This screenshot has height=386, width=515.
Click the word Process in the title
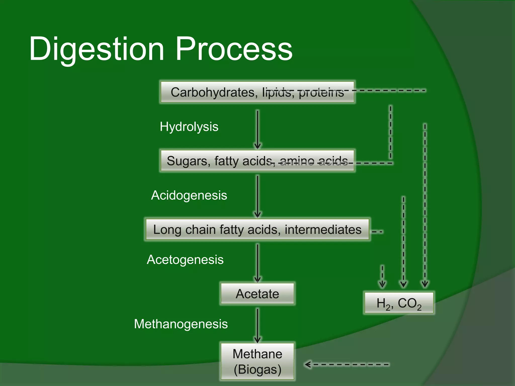coord(234,49)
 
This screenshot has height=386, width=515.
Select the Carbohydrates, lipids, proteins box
coord(257,92)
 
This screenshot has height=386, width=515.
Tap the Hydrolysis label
coord(189,127)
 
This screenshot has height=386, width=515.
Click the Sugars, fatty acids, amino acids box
coord(257,161)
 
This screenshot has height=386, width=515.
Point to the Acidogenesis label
coord(189,195)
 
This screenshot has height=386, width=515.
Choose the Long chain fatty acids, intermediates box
coord(257,229)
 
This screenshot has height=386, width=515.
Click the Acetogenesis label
coord(185,260)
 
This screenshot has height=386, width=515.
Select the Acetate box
coord(257,294)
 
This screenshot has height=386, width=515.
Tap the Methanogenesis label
coord(181,324)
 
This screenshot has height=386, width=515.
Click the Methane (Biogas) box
coord(257,361)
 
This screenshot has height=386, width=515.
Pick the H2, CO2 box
coord(399,303)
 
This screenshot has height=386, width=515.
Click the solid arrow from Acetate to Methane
coord(257,325)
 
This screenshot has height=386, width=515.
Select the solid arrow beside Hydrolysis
coord(257,129)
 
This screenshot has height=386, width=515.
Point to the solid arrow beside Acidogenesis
coord(257,196)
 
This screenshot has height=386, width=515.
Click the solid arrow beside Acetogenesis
coord(257,263)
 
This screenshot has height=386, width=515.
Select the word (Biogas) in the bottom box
coord(257,369)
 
